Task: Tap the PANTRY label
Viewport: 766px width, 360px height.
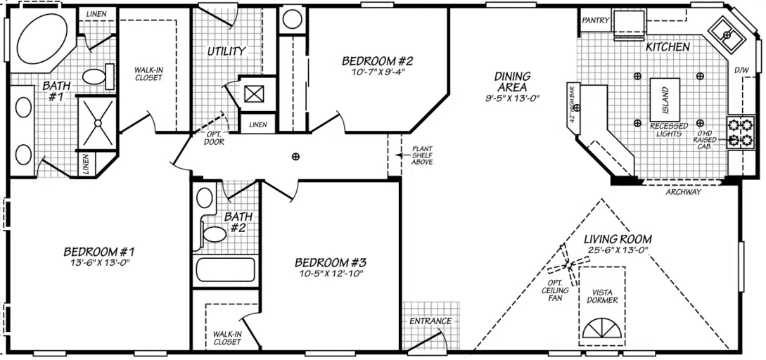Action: tap(594, 20)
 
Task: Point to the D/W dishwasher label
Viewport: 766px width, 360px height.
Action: tap(741, 71)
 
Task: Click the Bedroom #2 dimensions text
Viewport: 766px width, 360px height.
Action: tap(376, 72)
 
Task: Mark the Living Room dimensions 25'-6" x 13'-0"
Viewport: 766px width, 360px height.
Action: tap(617, 250)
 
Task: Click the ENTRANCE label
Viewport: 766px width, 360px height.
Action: tap(430, 321)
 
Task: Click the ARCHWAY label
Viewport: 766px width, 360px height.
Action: tap(682, 192)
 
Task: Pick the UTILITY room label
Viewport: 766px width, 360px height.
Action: tap(226, 51)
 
